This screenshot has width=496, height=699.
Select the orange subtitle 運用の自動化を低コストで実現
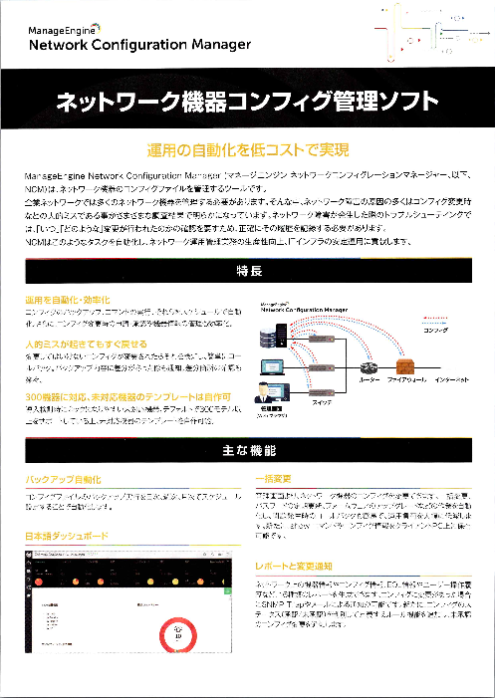pos(247,150)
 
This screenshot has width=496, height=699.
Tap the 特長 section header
pos(248,271)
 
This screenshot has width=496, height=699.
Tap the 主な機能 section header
pos(248,451)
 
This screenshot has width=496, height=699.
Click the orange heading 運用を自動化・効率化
pos(68,299)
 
